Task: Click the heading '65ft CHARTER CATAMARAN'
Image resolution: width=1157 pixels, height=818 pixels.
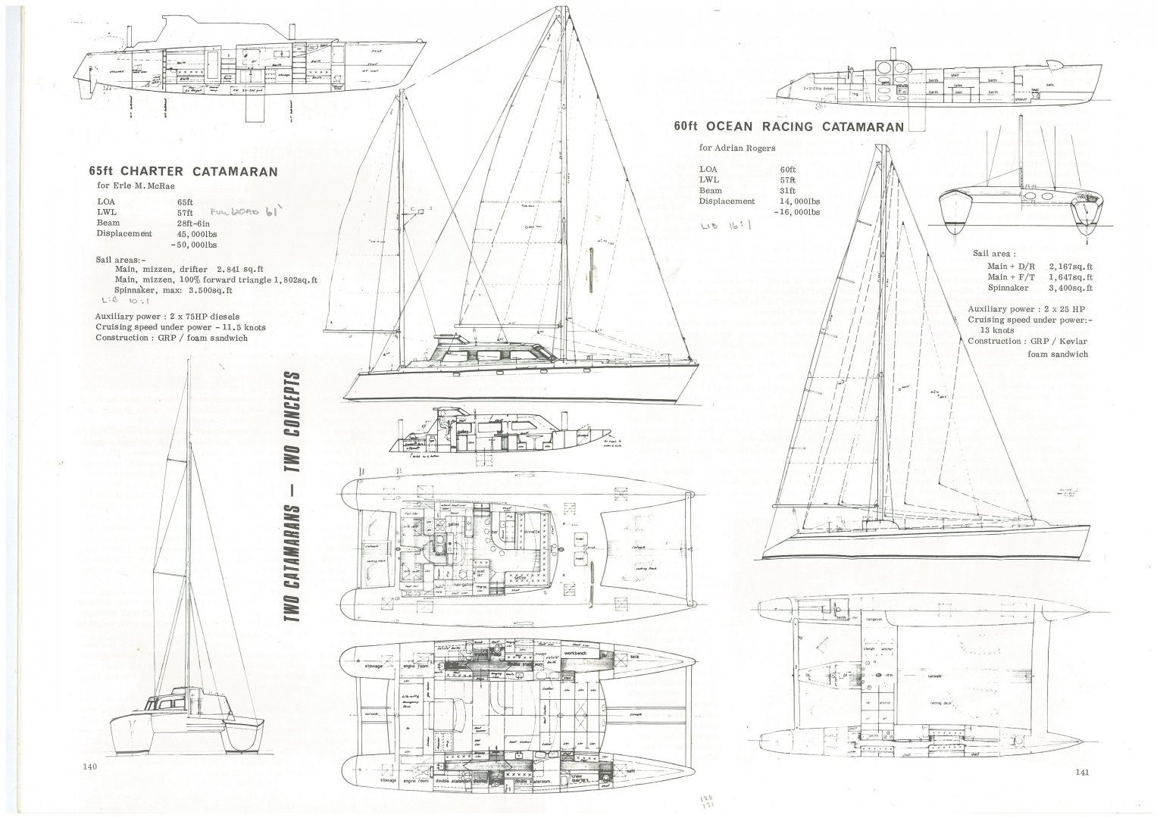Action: coord(183,171)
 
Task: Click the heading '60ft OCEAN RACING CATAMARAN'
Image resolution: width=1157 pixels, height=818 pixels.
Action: coord(789,126)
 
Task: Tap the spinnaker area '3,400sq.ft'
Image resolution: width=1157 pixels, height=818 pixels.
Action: coord(1071,288)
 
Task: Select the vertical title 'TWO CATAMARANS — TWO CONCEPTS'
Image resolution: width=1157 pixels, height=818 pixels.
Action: coord(291,497)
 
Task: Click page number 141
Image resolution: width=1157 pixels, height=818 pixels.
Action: coord(1080,773)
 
